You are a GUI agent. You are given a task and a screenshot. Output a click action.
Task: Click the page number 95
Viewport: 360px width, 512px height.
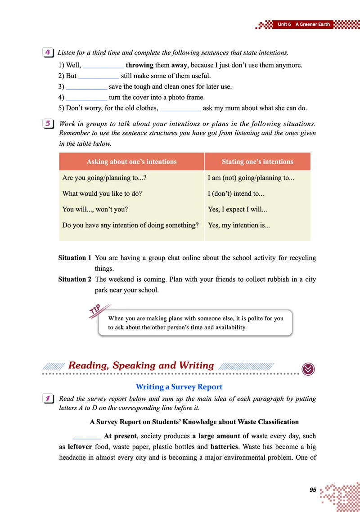313,490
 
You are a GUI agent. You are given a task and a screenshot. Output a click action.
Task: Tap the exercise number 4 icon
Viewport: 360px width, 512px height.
48,53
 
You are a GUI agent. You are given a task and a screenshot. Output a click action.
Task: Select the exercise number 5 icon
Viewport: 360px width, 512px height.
48,124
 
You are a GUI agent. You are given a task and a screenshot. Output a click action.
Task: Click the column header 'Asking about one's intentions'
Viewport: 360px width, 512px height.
131,162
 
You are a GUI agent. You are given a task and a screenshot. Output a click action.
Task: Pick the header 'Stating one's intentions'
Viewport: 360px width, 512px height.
257,162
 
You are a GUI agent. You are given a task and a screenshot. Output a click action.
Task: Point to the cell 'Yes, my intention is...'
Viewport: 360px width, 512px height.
239,225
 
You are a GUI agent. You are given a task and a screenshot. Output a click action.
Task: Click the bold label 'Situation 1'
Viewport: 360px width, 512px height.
75,258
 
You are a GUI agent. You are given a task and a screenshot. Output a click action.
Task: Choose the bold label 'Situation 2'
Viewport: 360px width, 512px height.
75,279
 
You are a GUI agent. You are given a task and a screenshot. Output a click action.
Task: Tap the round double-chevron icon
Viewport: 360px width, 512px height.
308,368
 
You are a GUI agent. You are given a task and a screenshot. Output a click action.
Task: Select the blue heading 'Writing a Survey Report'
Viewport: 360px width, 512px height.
179,386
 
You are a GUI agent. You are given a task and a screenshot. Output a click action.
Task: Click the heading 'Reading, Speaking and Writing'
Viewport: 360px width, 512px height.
141,365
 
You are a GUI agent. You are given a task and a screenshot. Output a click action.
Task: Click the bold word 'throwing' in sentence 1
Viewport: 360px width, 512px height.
139,65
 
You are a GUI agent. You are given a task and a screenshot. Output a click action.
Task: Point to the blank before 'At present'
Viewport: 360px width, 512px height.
87,436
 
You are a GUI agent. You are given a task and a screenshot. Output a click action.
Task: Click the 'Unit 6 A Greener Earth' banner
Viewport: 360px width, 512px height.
304,24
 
